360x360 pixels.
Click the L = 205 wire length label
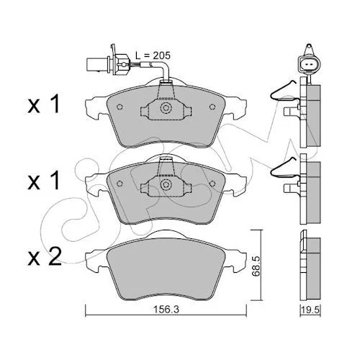click(x=153, y=55)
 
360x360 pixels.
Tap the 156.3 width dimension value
click(x=166, y=310)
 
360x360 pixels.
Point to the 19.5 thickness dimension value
click(x=311, y=310)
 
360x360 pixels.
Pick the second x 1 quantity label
click(x=43, y=181)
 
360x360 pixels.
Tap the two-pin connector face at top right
click(x=308, y=64)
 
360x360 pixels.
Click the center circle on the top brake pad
click(x=166, y=107)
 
